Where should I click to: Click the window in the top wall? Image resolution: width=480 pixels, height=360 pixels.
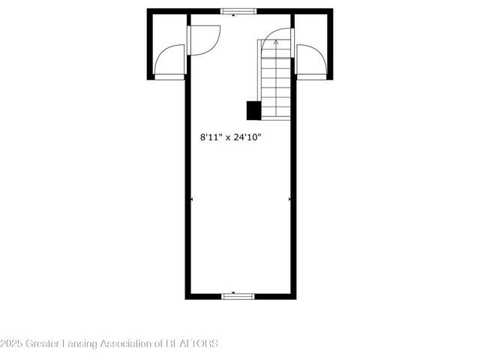click(x=238, y=11)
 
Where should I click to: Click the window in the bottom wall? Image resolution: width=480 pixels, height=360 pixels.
click(x=238, y=297)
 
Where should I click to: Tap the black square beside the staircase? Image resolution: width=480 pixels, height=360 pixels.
click(x=253, y=110)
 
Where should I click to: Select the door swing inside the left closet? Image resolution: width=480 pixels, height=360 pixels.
click(x=171, y=60)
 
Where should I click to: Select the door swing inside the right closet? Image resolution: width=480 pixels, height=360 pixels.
click(x=310, y=60)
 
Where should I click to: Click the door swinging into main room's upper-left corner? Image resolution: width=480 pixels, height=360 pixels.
click(x=203, y=39)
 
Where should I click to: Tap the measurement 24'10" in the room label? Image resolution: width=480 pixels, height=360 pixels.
click(x=247, y=137)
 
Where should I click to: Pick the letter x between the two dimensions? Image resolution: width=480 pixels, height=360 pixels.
click(x=228, y=138)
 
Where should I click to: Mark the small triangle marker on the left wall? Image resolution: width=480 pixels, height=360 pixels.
click(x=192, y=199)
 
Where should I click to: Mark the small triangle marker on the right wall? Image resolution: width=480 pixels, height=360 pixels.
click(x=289, y=199)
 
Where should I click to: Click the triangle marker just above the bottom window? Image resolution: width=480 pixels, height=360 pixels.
click(x=234, y=292)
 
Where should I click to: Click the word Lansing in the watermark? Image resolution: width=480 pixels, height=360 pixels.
click(x=79, y=343)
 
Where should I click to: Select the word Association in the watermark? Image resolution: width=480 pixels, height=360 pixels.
click(x=128, y=343)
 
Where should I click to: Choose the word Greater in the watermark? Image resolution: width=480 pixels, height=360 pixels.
click(x=43, y=343)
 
